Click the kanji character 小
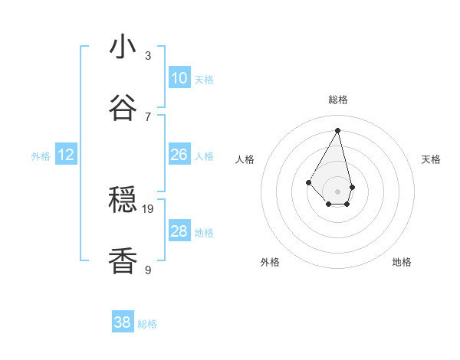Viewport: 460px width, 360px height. pos(123,47)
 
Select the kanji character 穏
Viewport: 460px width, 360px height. pos(123,201)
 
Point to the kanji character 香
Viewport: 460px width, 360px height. pos(123,261)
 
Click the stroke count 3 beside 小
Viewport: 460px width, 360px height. pos(148,55)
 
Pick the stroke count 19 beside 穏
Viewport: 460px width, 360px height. pos(148,208)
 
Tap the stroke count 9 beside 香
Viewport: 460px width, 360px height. pos(148,270)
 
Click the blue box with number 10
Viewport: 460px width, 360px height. pos(179,77)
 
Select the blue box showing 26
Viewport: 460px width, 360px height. pos(179,155)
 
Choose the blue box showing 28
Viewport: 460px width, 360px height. pos(179,231)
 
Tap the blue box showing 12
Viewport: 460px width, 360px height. pos(66,155)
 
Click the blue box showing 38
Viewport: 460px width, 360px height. pos(123,322)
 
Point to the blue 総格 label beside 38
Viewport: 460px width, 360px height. pos(147,324)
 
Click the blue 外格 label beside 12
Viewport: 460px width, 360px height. pos(41,156)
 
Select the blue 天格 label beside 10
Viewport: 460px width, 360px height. pos(204,79)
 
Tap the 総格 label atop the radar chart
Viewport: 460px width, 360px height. pos(338,100)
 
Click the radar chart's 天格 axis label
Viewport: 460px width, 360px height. pos(432,159)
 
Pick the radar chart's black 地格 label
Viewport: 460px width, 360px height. pos(402,262)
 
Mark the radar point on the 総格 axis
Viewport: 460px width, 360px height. pos(337,130)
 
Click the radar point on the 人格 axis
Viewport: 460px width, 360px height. pos(309,182)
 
